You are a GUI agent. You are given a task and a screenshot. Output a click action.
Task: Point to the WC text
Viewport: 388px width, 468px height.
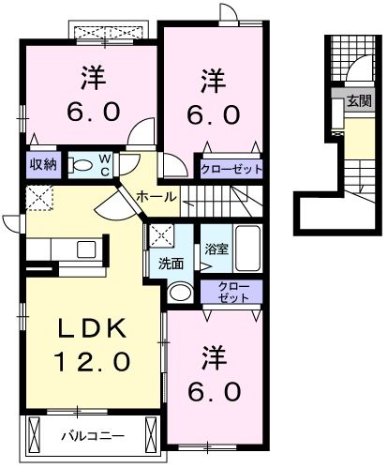pos(106,165)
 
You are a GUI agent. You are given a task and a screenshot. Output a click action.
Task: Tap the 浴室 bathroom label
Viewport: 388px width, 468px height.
pos(216,249)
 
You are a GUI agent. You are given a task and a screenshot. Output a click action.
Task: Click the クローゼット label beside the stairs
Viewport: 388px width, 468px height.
pos(231,170)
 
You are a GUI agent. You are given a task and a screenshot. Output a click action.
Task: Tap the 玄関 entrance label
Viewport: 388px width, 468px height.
pos(359,100)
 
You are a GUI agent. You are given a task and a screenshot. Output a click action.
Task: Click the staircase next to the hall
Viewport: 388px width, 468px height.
pos(219,199)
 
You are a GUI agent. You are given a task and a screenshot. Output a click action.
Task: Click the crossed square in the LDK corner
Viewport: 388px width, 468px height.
pos(40,198)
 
